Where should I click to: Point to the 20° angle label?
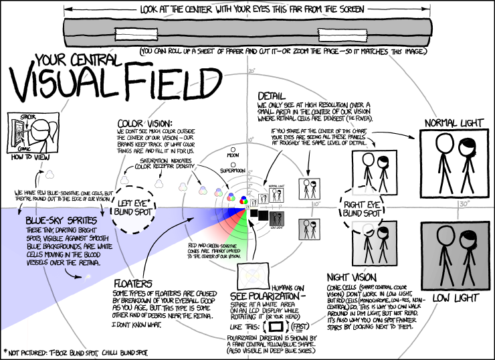pos(252,70)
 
